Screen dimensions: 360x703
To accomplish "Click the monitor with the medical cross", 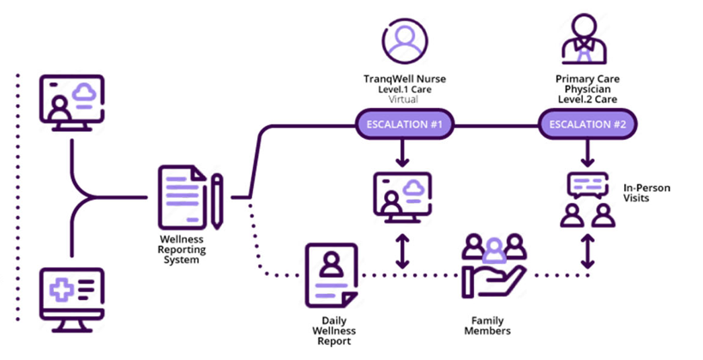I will (72, 295).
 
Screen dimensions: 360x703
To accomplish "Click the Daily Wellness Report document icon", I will (329, 274).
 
